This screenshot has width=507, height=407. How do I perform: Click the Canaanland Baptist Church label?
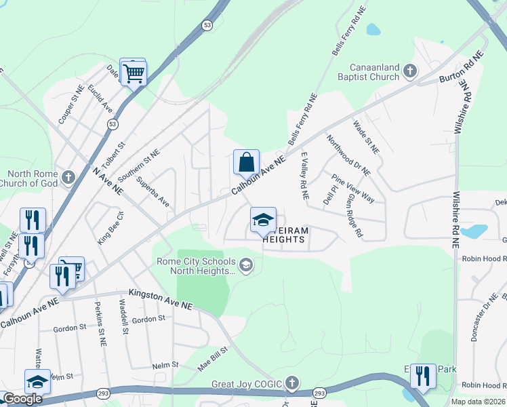374,72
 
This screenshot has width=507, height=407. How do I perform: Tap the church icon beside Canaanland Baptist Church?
409,70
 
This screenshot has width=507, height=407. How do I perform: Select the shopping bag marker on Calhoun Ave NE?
246,162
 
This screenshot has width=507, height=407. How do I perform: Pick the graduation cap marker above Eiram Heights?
263,220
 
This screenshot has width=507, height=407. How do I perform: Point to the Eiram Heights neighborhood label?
285,235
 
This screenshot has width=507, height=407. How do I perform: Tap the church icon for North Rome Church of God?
67,178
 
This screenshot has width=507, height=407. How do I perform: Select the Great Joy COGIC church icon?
292,383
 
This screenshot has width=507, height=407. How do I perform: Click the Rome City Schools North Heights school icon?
246,265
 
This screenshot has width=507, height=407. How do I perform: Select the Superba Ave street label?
153,192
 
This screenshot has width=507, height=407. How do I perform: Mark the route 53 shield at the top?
207,24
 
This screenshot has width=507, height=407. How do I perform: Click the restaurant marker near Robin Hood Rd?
424,376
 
